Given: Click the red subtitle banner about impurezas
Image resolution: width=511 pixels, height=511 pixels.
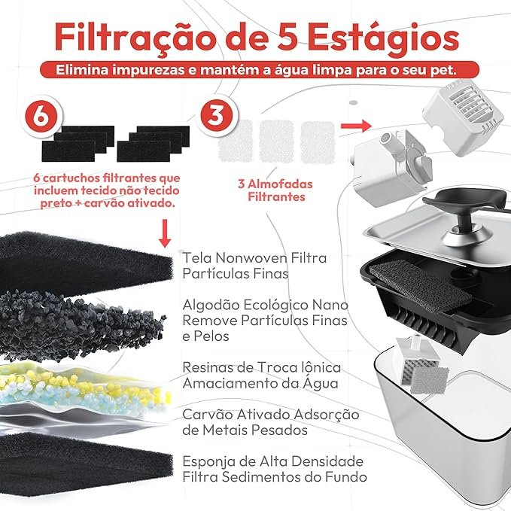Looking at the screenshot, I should coord(256,69).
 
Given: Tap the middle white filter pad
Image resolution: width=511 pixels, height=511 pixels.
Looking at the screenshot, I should coord(275,139).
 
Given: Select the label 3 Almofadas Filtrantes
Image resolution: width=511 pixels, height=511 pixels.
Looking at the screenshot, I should coord(270,190).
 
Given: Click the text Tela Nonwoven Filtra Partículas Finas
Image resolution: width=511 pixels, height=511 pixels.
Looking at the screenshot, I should coord(254,266).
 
